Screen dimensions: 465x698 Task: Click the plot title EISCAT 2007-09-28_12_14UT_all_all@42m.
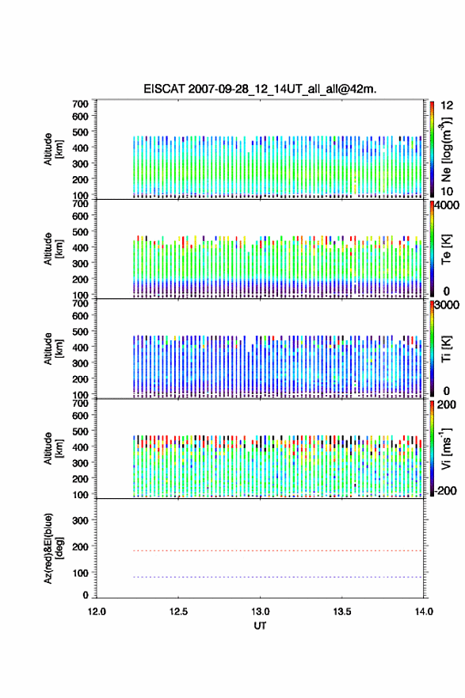click(x=260, y=89)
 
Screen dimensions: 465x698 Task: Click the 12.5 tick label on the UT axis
click(x=178, y=612)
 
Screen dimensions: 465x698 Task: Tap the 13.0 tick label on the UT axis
click(x=260, y=612)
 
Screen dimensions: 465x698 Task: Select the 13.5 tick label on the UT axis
click(x=342, y=612)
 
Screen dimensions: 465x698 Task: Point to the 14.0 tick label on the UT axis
click(x=424, y=612)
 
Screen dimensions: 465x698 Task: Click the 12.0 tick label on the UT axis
click(x=97, y=612)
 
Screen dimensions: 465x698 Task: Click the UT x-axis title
click(x=260, y=626)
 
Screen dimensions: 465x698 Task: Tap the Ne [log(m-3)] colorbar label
click(x=446, y=150)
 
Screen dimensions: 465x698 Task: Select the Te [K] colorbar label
click(x=446, y=249)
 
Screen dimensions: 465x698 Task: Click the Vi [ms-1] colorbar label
click(x=446, y=448)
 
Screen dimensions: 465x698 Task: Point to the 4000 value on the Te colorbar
click(x=447, y=205)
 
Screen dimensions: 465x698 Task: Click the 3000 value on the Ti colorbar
click(x=447, y=305)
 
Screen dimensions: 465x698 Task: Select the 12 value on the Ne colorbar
click(x=447, y=105)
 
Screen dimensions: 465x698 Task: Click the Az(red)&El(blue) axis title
click(x=52, y=548)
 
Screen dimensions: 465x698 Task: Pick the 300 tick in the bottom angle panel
click(x=80, y=520)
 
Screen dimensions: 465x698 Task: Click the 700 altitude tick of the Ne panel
click(x=80, y=104)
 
